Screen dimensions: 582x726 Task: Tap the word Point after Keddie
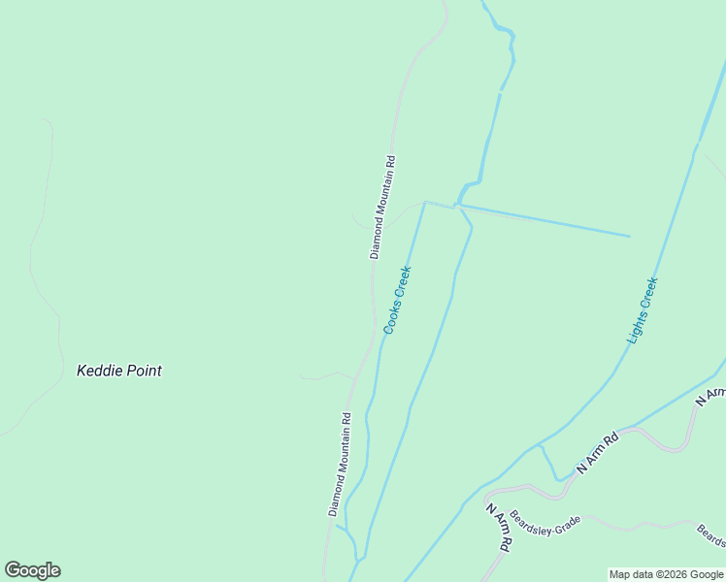pos(143,371)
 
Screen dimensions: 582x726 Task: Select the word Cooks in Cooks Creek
pos(392,316)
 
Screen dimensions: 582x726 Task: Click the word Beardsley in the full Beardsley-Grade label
pos(533,519)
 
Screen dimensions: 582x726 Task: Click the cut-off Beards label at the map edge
pos(711,534)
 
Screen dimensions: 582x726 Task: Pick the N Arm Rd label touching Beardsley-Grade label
pos(498,527)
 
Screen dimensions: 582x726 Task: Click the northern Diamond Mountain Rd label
pos(383,207)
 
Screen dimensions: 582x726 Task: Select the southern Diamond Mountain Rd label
pos(339,464)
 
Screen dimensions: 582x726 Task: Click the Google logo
pos(32,570)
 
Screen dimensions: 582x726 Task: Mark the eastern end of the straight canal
pos(629,236)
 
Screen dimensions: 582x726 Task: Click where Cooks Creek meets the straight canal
pos(425,203)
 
